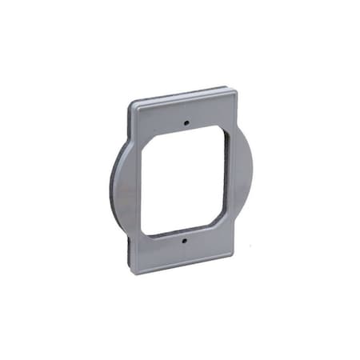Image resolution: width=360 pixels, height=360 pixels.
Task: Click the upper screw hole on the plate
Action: [x=186, y=124]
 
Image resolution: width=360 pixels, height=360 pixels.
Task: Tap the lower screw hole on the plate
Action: [x=182, y=239]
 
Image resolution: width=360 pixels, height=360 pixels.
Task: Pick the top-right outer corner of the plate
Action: [x=237, y=90]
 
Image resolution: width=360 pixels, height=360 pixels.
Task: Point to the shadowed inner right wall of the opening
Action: [x=226, y=176]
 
